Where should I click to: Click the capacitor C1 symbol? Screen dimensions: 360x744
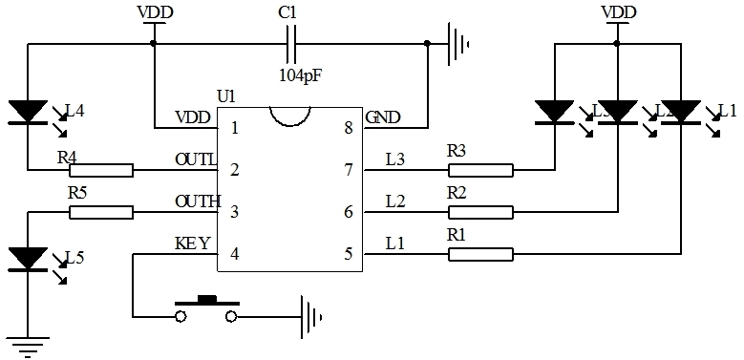coord(292,43)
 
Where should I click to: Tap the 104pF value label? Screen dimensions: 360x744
coord(300,74)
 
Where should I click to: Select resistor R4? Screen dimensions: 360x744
coord(101,170)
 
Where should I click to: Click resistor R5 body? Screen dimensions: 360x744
coord(101,212)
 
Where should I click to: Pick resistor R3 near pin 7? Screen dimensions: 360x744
coord(480,170)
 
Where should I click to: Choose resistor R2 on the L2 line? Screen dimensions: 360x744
coord(480,212)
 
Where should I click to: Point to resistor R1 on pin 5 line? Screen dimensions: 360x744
coord(480,254)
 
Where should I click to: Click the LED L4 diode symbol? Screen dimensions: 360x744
coord(29,113)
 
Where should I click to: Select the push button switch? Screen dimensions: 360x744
coord(206,308)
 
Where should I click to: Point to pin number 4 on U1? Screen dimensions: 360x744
coord(234,254)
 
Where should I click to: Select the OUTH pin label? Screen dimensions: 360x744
coord(198,201)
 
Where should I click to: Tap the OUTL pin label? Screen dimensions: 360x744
coord(197,159)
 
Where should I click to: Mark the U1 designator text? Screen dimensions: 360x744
coord(225,95)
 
